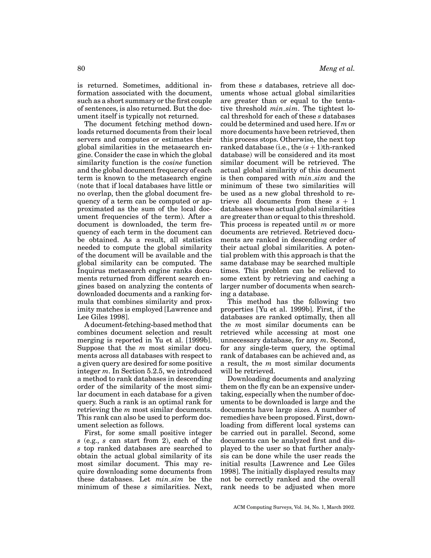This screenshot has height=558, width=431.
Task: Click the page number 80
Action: tap(81, 69)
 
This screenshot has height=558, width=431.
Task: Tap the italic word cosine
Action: tap(172, 163)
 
